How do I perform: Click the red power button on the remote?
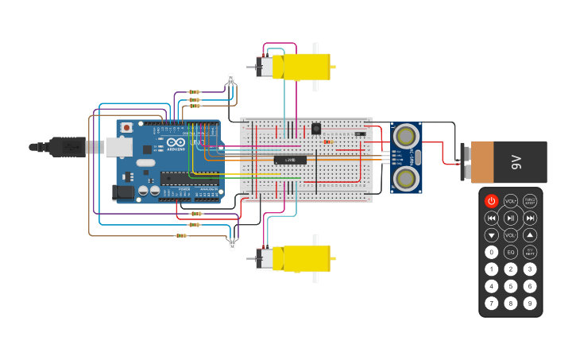491,201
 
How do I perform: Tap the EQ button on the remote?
510,252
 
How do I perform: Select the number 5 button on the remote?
510,286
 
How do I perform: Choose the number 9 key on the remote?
529,303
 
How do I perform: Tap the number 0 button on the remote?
491,252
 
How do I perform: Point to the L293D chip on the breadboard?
290,160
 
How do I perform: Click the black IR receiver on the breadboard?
315,128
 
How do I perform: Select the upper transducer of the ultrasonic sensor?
406,136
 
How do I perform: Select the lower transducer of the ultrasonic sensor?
406,178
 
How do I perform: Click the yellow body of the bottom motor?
306,257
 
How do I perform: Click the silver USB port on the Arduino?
118,146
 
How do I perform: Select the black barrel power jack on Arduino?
123,192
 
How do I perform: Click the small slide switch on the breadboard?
360,134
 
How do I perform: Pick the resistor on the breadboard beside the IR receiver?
328,142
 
